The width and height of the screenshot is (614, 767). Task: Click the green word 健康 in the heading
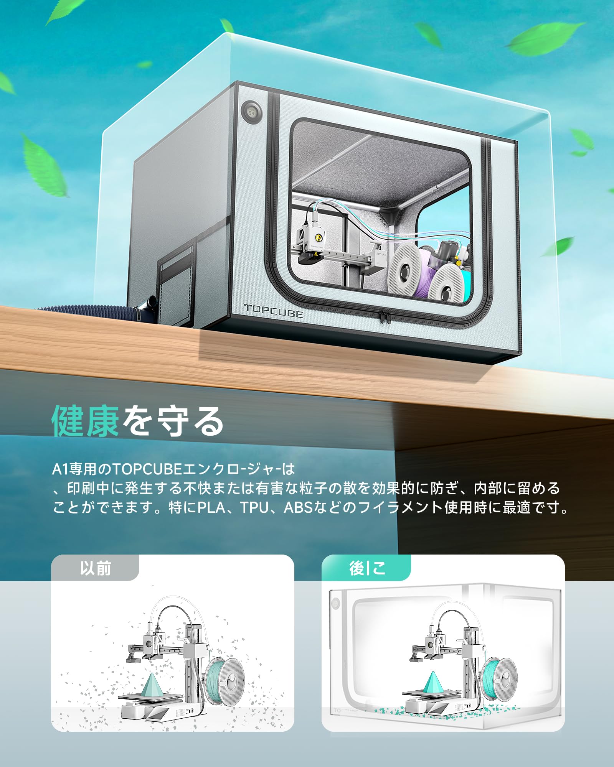(85, 421)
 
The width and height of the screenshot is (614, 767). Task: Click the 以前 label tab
(95, 568)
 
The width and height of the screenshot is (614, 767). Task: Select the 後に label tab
(366, 568)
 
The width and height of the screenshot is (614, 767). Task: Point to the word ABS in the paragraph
(299, 508)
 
